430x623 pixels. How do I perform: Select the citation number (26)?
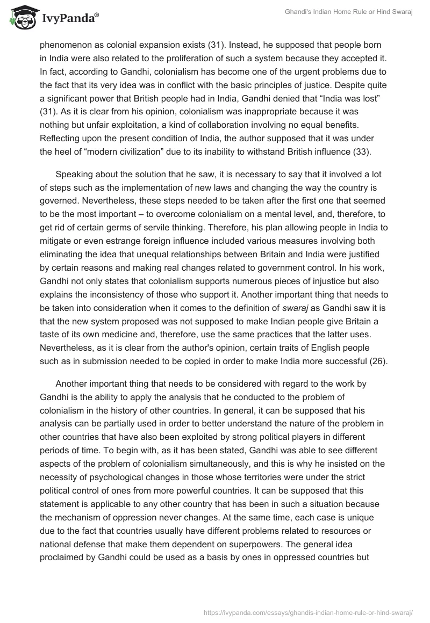click(376, 361)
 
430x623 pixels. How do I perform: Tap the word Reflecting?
click(63, 137)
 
